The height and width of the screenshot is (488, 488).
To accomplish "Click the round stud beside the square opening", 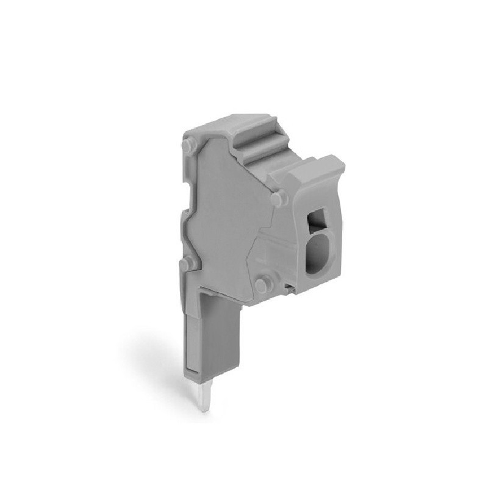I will click(x=278, y=199).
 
